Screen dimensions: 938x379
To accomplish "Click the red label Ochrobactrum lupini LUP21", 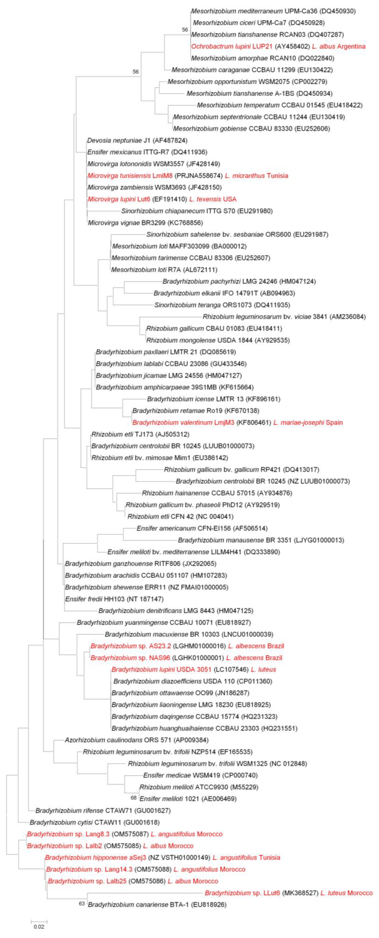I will pyautogui.click(x=232, y=46).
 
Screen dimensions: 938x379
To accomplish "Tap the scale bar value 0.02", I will pyautogui.click(x=39, y=927).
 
